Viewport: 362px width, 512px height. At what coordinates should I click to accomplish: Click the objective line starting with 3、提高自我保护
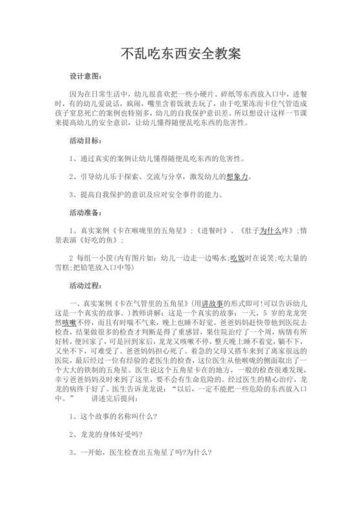tap(146, 193)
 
